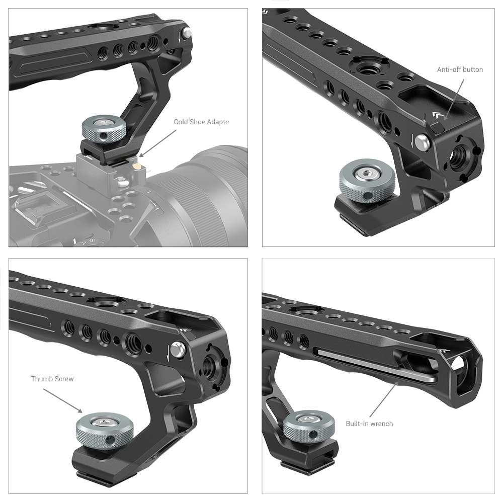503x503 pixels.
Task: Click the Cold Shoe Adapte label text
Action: pos(201,122)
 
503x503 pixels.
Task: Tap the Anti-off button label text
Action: pos(460,70)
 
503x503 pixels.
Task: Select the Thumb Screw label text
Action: pos(52,379)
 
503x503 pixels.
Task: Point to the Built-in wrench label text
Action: pos(369,424)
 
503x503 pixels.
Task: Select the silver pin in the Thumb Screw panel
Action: pos(177,348)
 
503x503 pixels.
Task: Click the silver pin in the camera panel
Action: pos(187,34)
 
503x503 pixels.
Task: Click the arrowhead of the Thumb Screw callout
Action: pos(81,413)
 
